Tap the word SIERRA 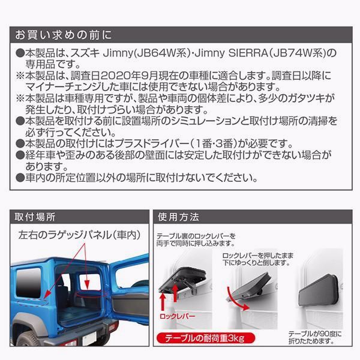(x=249, y=53)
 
